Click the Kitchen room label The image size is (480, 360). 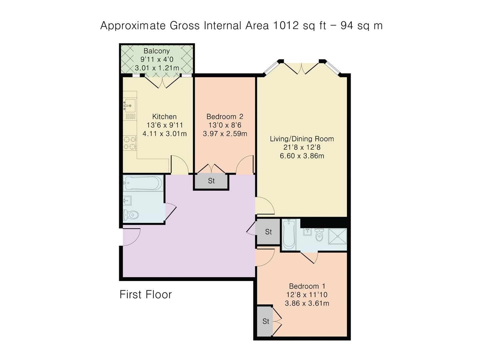(164, 117)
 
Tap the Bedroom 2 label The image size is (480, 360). (225, 117)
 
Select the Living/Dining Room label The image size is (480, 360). (302, 139)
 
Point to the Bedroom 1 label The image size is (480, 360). (307, 286)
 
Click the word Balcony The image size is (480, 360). (157, 51)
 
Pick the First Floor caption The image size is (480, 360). (146, 294)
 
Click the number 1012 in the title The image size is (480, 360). (286, 25)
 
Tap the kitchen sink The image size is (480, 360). (129, 105)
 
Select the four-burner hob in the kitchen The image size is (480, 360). (130, 143)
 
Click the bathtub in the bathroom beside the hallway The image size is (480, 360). (143, 183)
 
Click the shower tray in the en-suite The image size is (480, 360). (337, 236)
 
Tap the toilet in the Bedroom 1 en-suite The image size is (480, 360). (319, 235)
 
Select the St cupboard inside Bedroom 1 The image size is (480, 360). (265, 321)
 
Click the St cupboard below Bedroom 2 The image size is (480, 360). (211, 181)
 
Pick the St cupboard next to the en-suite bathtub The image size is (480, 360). (268, 232)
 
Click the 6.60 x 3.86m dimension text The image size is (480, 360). (302, 156)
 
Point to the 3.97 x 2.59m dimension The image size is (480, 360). (225, 134)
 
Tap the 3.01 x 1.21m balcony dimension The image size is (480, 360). (157, 68)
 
